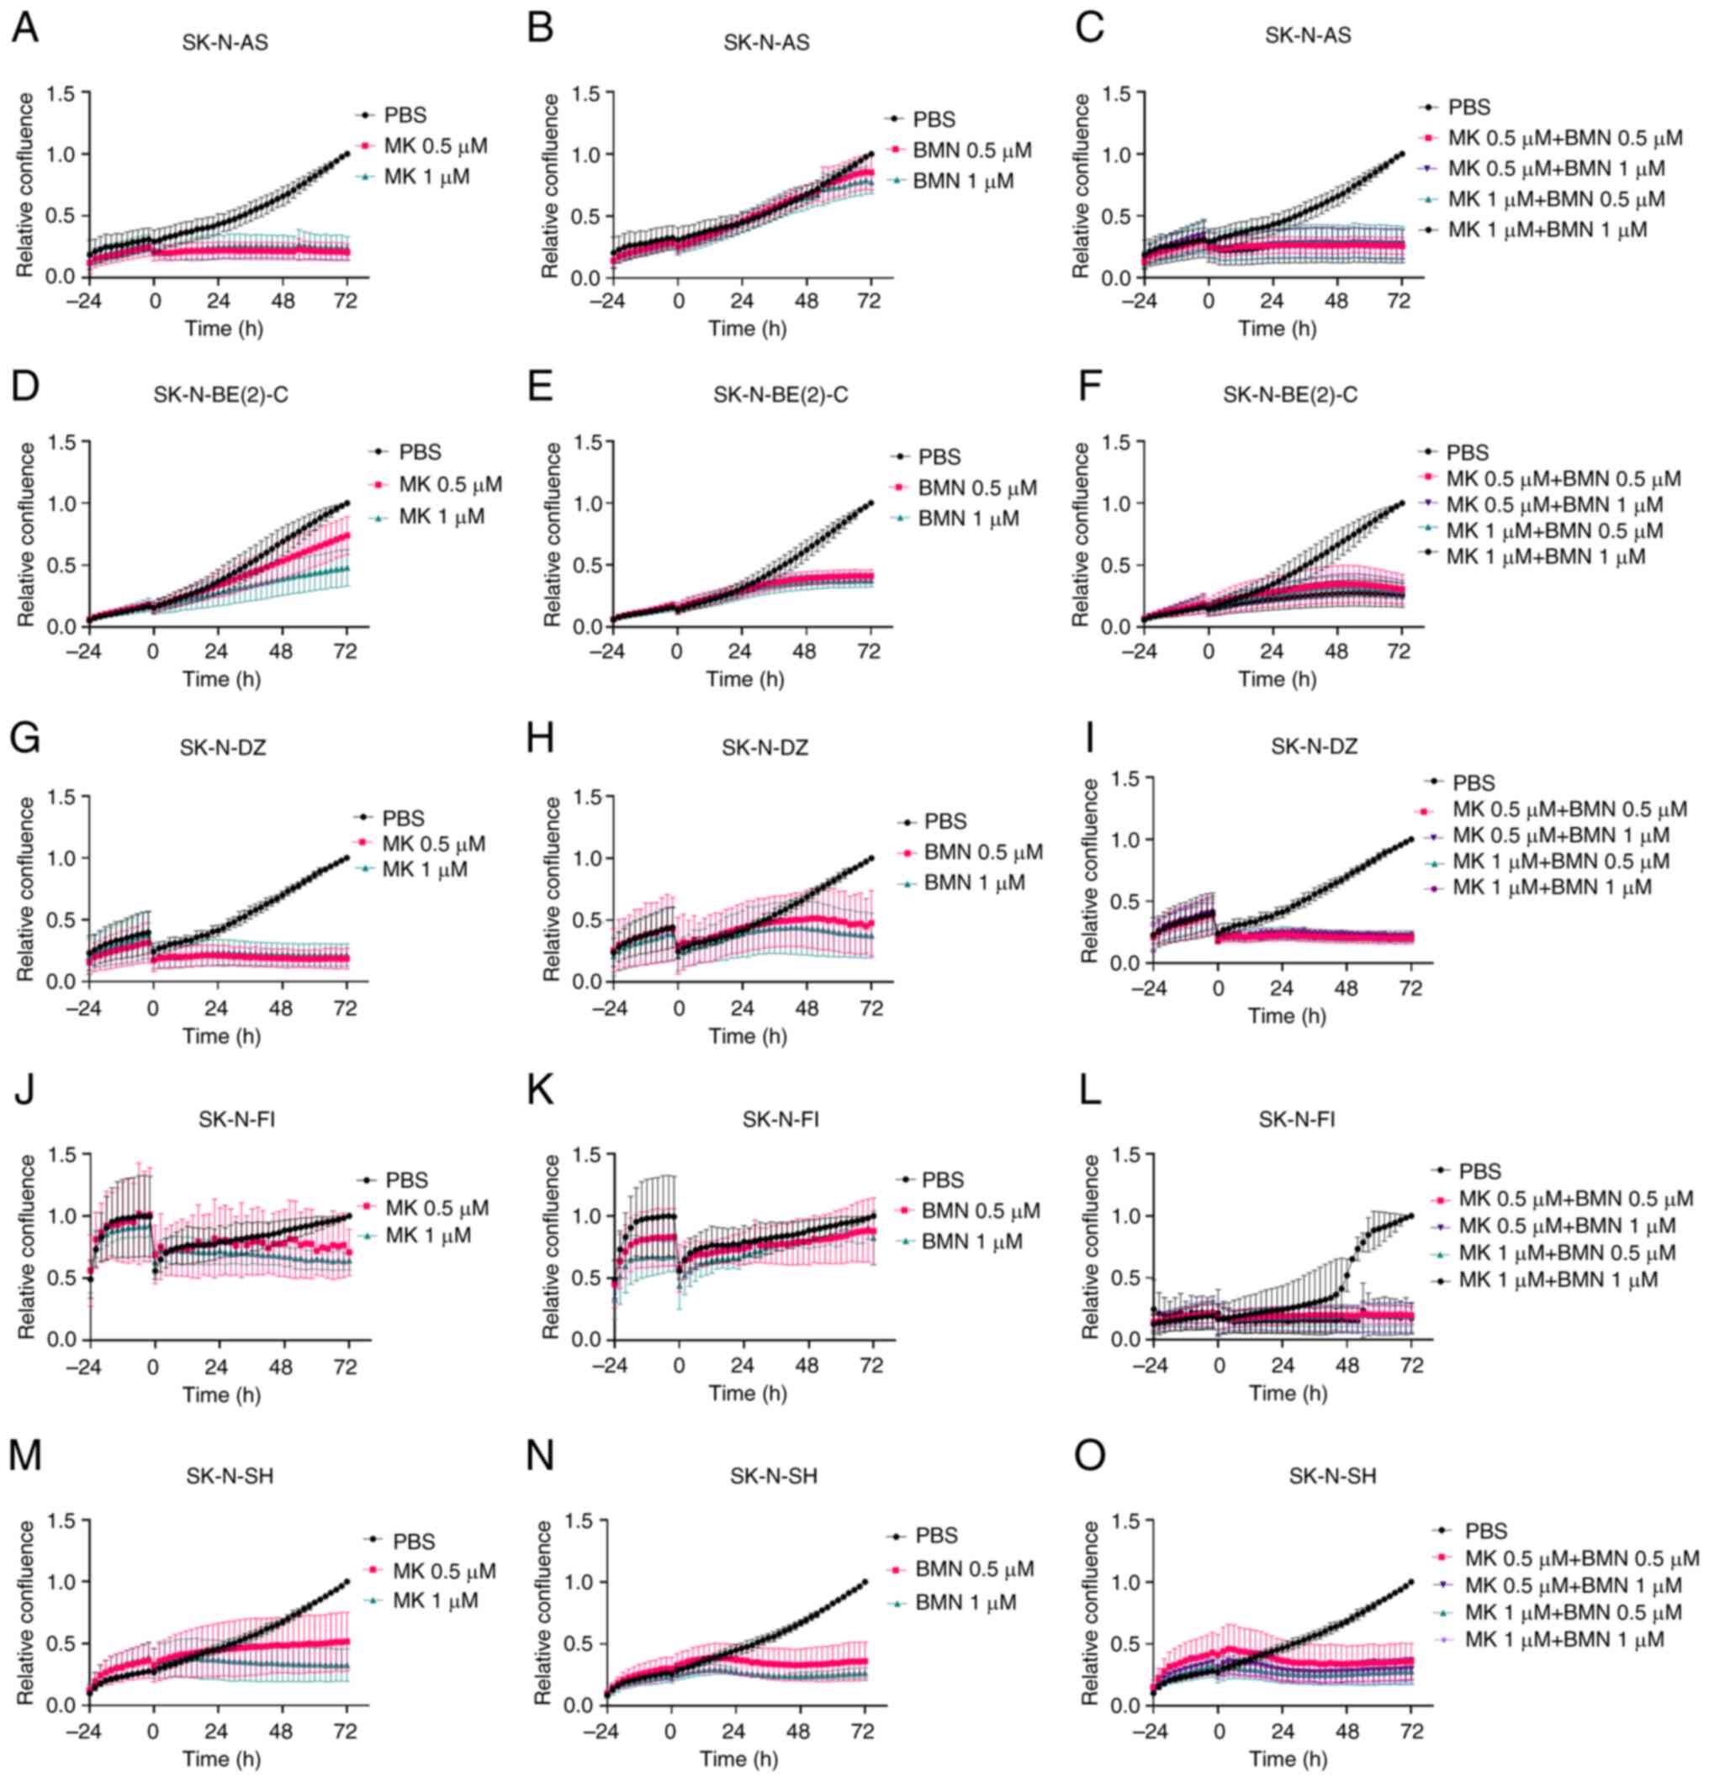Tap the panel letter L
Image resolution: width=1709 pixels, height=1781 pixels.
(x=1089, y=1090)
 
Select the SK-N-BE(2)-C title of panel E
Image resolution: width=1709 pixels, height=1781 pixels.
(x=780, y=394)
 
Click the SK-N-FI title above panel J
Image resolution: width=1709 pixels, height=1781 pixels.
(x=236, y=1120)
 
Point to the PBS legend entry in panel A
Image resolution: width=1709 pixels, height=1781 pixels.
(x=405, y=115)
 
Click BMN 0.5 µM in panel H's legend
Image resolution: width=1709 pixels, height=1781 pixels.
(x=982, y=852)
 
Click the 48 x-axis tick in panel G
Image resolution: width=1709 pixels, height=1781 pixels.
(x=281, y=1009)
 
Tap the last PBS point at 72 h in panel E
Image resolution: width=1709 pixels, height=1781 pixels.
(x=870, y=503)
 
